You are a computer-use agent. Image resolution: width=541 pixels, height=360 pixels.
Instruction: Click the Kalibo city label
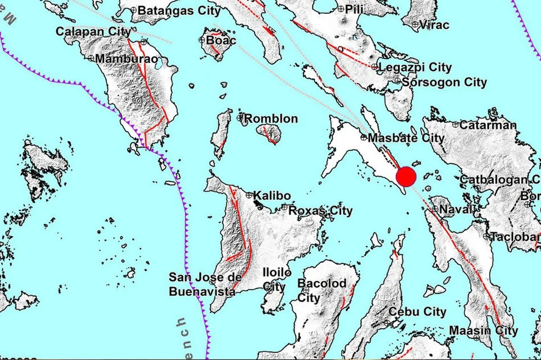point(272,196)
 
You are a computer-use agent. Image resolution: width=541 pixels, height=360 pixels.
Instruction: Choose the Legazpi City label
point(415,68)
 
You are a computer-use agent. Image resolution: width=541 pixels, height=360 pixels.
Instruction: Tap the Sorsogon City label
point(444,82)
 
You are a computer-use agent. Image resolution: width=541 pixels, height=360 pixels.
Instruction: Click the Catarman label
point(489,125)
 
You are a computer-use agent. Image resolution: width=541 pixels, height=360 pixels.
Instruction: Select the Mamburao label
point(121,59)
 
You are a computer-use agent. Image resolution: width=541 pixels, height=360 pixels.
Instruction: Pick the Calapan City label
point(93,32)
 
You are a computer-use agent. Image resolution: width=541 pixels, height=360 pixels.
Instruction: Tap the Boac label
point(221,41)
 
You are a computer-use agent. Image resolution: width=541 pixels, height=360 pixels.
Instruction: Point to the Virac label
point(434,25)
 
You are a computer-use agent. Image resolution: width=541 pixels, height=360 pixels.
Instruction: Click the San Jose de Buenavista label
point(202,284)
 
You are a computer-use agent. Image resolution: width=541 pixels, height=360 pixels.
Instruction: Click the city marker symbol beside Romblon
point(240,118)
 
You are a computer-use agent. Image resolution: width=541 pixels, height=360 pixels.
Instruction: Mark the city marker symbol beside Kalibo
point(249,195)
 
